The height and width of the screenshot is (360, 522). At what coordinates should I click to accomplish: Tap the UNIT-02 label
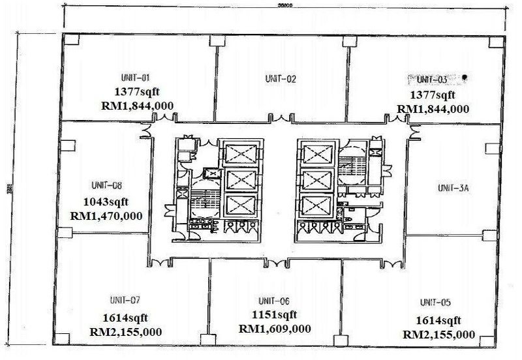pos(281,80)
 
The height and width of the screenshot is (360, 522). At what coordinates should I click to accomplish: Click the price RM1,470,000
pos(109,215)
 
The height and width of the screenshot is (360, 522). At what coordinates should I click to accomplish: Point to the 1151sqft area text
pos(275,314)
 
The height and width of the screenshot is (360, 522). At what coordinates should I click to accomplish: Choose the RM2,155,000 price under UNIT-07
pos(125,331)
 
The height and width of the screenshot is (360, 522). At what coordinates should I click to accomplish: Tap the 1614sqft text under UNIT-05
pos(440,320)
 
